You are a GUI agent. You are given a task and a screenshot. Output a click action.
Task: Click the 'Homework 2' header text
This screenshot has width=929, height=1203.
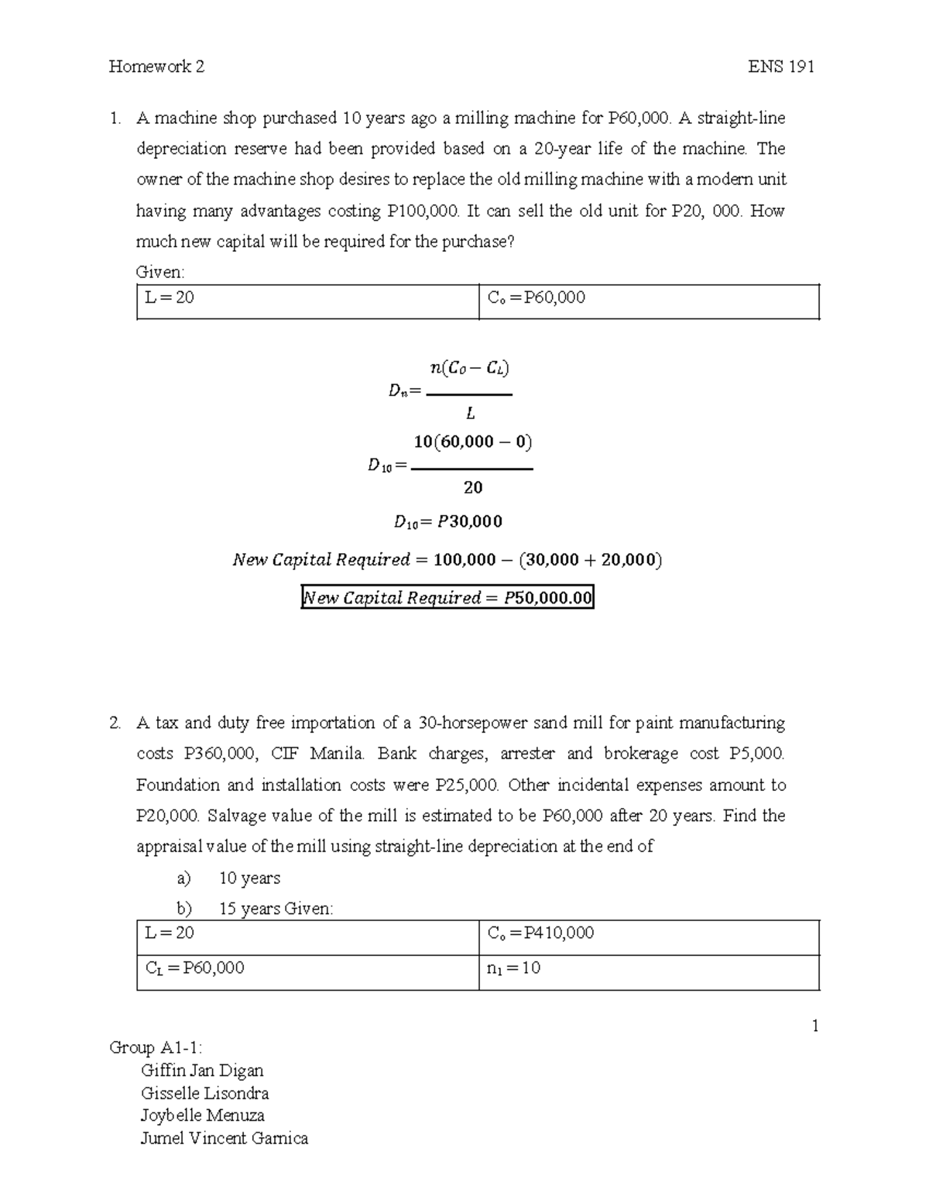(156, 67)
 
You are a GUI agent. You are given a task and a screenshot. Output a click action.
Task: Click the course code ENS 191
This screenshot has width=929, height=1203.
(780, 67)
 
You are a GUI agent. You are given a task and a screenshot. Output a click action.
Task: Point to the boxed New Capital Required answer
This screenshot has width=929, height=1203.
(447, 597)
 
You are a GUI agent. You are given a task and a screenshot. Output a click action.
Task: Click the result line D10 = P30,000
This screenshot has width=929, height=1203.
(447, 522)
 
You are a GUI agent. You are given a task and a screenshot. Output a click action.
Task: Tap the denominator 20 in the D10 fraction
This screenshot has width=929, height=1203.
(472, 488)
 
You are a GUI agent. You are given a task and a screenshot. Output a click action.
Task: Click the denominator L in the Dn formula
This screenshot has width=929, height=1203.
(470, 414)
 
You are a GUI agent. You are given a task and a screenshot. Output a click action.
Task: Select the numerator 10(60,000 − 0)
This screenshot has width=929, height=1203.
(472, 442)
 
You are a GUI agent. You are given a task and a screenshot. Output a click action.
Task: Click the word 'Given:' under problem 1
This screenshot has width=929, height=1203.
(160, 272)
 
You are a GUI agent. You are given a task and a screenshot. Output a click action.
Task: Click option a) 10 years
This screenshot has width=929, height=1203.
(228, 878)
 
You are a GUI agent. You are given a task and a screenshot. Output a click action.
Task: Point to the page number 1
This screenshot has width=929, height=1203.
(814, 1026)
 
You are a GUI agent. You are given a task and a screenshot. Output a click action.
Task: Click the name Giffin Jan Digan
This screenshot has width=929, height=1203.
(202, 1071)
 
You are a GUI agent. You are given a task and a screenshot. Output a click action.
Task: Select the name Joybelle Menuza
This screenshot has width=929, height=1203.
(202, 1115)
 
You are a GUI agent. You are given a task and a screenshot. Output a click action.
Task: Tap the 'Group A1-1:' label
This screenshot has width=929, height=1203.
(156, 1048)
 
